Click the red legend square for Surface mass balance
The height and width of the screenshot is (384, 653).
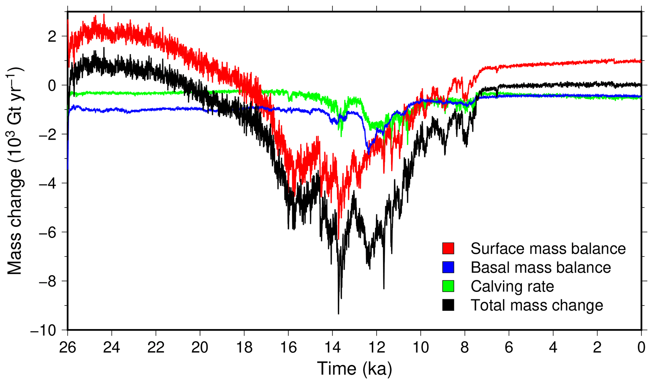click(x=448, y=249)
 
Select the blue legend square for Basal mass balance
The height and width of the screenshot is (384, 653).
click(x=448, y=268)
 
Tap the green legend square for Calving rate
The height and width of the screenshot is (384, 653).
click(x=448, y=286)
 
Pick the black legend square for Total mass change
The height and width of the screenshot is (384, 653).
click(x=448, y=305)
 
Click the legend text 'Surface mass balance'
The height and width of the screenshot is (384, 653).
click(x=548, y=249)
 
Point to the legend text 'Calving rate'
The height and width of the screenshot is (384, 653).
click(x=512, y=287)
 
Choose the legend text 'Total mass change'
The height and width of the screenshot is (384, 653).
click(x=537, y=305)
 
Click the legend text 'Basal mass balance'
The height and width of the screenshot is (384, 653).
click(x=541, y=268)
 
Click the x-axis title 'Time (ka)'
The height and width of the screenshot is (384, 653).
click(x=354, y=369)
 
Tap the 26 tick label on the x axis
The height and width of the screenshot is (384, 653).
click(x=68, y=347)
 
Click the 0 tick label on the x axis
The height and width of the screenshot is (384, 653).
click(x=641, y=347)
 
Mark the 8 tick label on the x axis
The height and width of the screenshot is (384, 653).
click(x=465, y=347)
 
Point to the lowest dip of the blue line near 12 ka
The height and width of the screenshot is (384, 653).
click(x=368, y=154)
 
